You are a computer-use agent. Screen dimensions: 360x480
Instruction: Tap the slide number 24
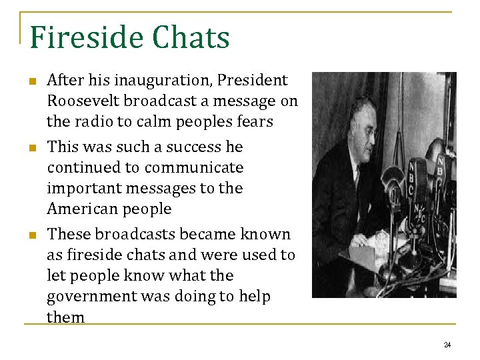447,345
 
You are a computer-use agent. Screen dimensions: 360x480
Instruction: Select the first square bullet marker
31,81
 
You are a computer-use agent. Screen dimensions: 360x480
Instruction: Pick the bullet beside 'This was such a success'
31,147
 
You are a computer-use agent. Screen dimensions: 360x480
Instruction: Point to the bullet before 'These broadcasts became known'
31,235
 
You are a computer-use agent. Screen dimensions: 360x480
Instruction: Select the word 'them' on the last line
66,317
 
